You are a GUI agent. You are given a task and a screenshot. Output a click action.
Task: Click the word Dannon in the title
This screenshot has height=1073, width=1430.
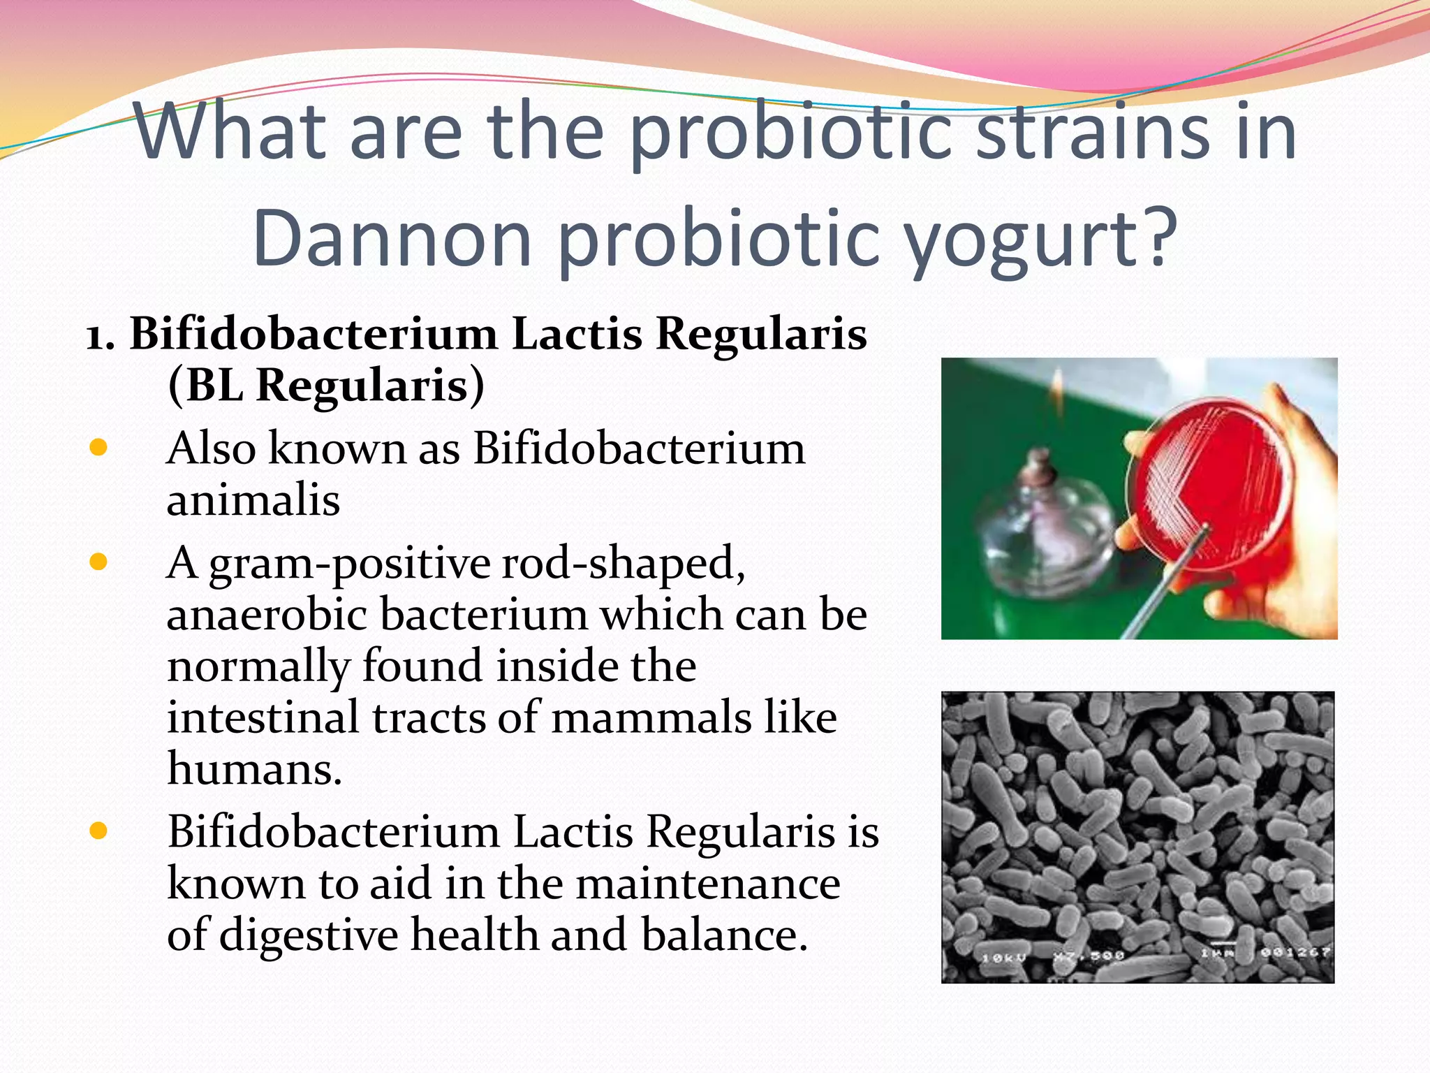[x=392, y=238]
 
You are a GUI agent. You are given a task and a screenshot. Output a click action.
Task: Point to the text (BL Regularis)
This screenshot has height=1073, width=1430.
[x=325, y=386]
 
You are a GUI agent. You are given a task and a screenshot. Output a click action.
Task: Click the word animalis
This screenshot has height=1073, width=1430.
[x=253, y=500]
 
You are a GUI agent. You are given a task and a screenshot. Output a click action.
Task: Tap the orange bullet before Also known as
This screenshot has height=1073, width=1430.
[x=98, y=448]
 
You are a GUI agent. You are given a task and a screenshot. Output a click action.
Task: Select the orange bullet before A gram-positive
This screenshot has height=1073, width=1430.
[x=98, y=562]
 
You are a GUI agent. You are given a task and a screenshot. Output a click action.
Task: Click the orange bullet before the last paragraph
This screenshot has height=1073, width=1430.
[x=98, y=831]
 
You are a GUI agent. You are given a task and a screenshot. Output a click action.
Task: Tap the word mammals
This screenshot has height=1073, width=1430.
[x=650, y=718]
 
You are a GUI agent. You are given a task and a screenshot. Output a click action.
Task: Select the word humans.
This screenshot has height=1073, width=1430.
[x=254, y=769]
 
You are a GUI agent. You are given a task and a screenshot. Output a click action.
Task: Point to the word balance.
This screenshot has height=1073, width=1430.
[x=723, y=935]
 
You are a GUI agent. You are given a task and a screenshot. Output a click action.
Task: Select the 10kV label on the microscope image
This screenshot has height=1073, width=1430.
[x=1003, y=958]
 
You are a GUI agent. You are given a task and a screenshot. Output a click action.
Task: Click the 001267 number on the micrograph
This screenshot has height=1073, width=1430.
[x=1295, y=953]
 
